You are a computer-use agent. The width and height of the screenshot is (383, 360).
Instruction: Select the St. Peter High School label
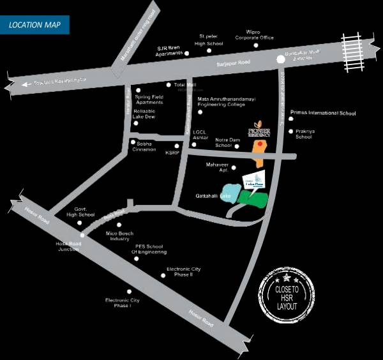click(x=209, y=40)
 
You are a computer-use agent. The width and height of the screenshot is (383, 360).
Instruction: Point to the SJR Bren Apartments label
click(x=170, y=51)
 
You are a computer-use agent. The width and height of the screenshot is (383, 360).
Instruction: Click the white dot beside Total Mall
click(x=169, y=85)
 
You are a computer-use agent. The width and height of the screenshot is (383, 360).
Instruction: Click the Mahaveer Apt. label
click(x=217, y=168)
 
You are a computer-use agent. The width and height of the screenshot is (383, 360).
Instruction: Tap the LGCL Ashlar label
click(x=201, y=135)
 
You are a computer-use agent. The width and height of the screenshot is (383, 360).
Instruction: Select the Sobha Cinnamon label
click(x=146, y=146)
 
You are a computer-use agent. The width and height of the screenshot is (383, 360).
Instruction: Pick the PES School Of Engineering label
click(x=149, y=249)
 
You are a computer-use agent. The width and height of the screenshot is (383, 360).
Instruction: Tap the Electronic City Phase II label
click(x=183, y=272)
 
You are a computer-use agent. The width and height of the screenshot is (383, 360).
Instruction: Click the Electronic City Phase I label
click(x=123, y=303)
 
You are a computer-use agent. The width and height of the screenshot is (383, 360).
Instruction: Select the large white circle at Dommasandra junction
click(x=280, y=60)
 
